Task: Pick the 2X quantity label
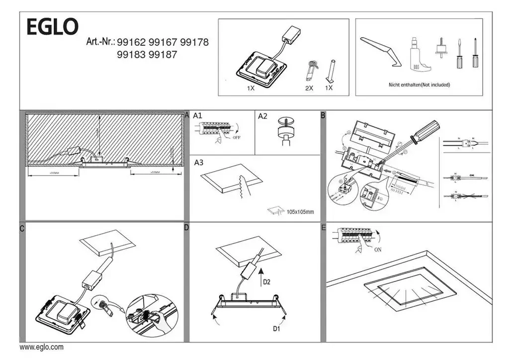[x=309, y=88]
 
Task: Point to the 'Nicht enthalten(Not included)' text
[x=419, y=85]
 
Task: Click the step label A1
[x=197, y=116]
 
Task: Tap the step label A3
[x=199, y=162]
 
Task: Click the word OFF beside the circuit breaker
[x=236, y=137]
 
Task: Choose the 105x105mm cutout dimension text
[x=300, y=212]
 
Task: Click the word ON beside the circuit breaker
[x=378, y=250]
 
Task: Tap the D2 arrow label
[x=267, y=282]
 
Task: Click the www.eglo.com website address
[x=41, y=348]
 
